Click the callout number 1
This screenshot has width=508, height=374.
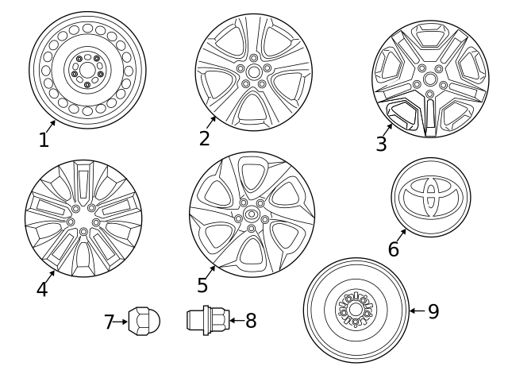click(x=44, y=141)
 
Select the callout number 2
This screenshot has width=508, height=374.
click(x=204, y=138)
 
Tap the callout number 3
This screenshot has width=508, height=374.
click(x=381, y=144)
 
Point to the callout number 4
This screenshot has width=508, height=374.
click(x=41, y=290)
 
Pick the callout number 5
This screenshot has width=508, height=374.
click(x=202, y=285)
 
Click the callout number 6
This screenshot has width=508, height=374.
click(x=393, y=249)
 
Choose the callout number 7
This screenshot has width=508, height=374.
click(x=110, y=322)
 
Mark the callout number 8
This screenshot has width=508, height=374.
click(x=251, y=321)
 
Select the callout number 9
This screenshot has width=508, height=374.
click(x=433, y=311)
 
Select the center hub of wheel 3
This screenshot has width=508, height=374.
click(x=429, y=78)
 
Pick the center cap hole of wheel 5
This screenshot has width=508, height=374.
click(x=252, y=214)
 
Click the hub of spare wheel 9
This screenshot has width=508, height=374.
click(x=355, y=310)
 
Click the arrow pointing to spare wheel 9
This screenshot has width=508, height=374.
click(x=416, y=311)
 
